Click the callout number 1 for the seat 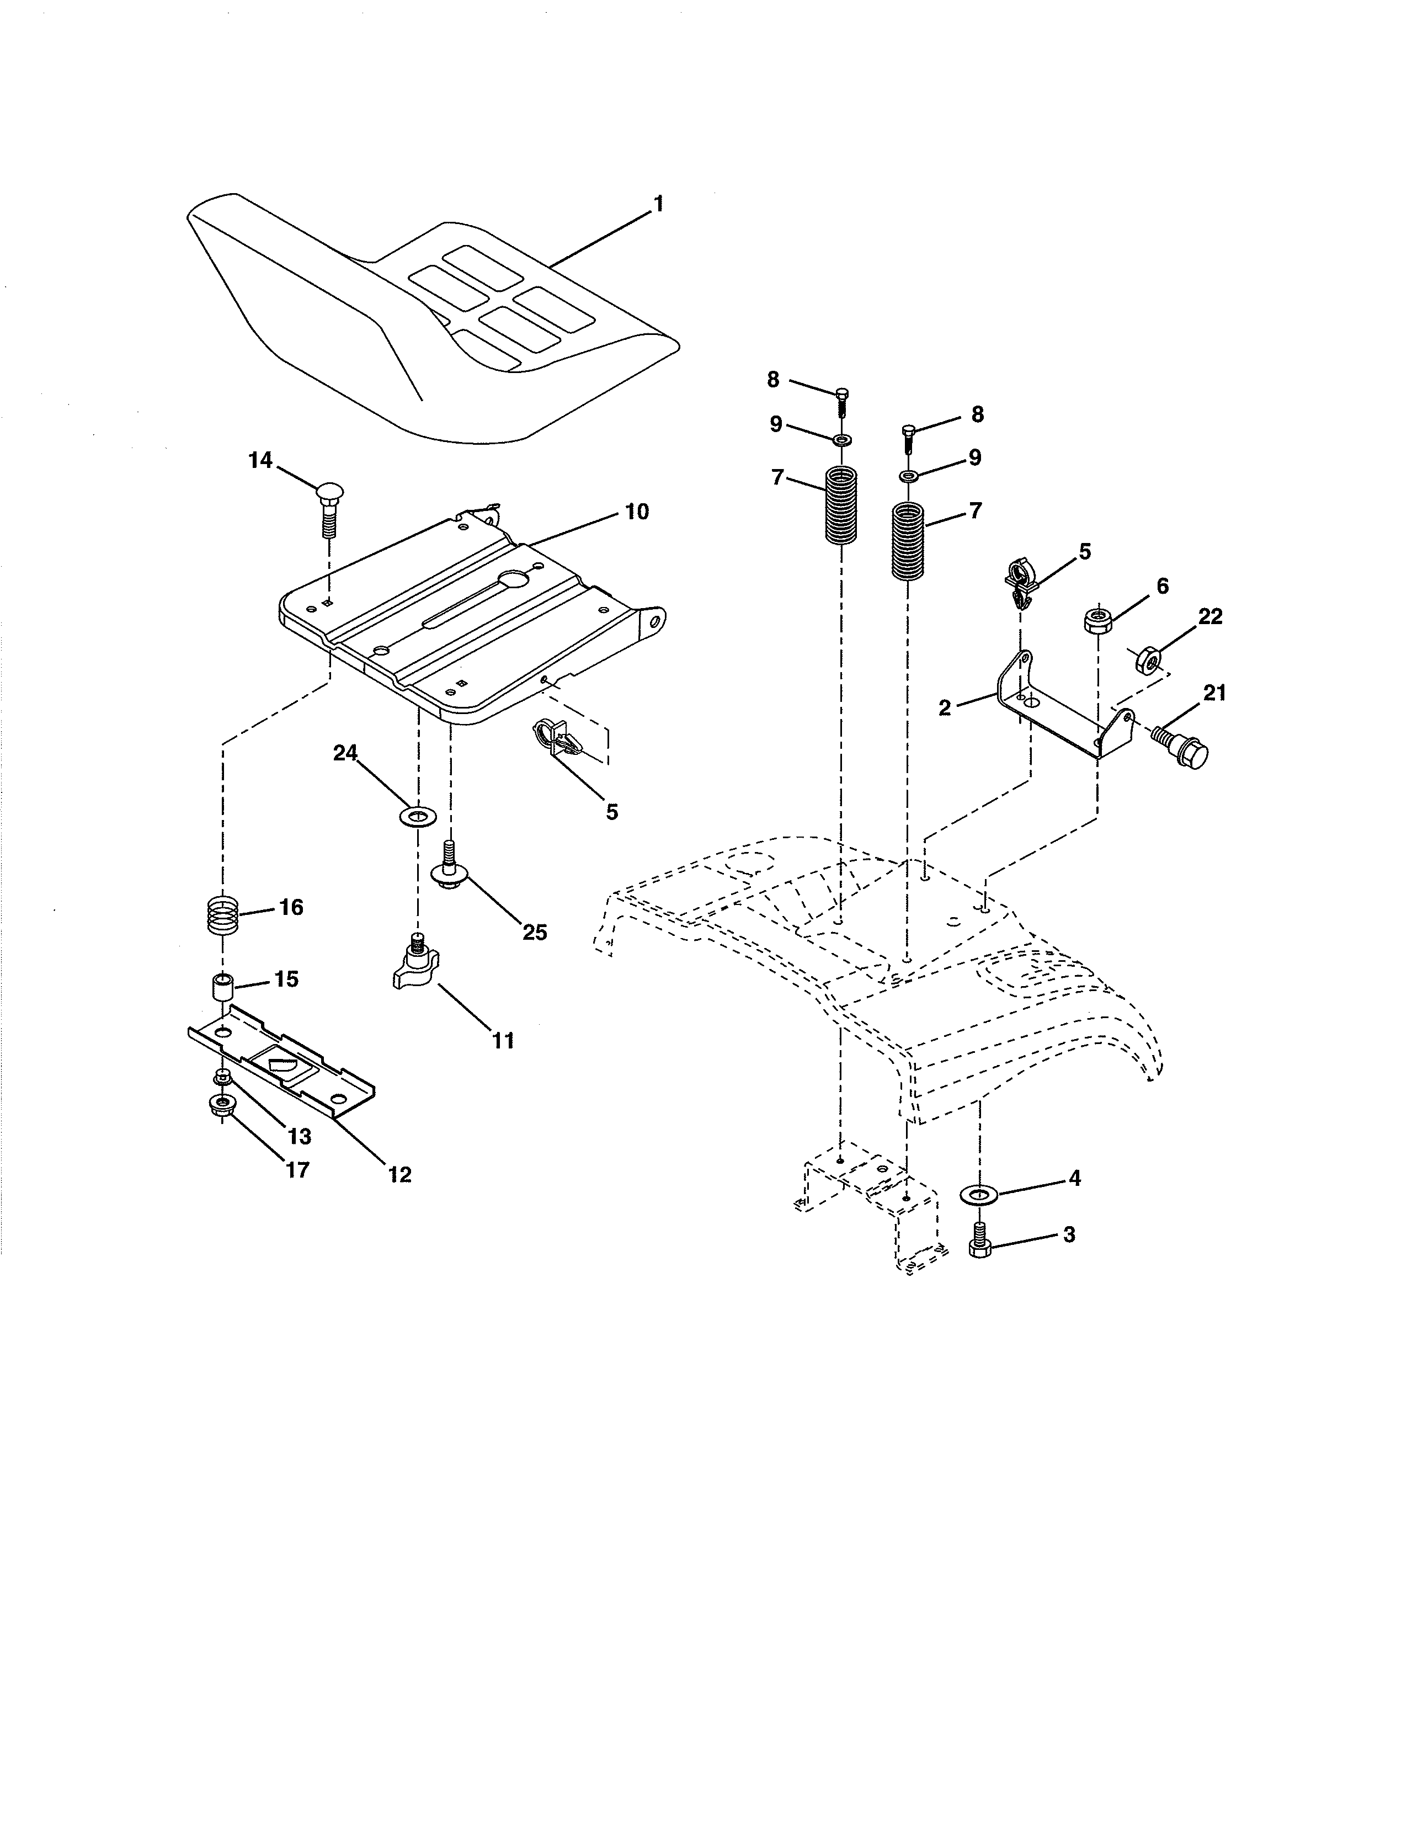658,204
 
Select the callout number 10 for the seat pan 637,512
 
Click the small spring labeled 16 222,915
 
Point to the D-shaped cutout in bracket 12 281,1065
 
